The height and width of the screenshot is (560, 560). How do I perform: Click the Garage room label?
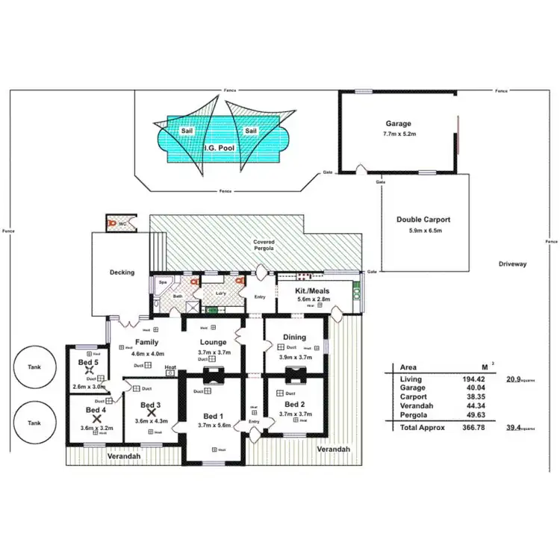click(398, 124)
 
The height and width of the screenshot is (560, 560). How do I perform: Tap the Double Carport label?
click(423, 220)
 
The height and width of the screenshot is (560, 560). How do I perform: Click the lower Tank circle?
click(34, 423)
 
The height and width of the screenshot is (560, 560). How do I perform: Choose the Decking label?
click(122, 273)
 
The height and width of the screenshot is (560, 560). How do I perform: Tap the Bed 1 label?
click(213, 416)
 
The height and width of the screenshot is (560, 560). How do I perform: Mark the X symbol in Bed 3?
click(151, 411)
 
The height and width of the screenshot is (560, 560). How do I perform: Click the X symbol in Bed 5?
click(89, 370)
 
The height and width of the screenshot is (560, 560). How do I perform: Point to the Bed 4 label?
click(96, 410)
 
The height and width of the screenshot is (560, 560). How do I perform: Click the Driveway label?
click(513, 264)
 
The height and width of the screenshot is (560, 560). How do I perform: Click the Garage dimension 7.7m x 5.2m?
click(398, 134)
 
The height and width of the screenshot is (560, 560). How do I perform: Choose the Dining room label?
click(294, 337)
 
